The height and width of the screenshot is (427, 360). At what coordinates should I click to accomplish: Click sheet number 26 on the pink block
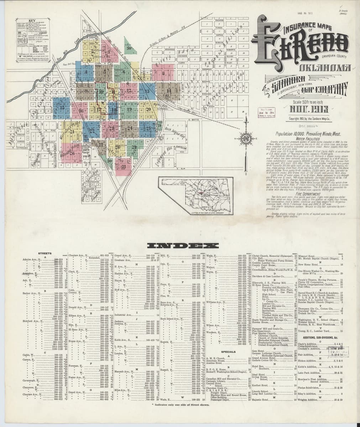(72, 154)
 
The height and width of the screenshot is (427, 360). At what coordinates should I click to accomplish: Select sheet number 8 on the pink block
(163, 74)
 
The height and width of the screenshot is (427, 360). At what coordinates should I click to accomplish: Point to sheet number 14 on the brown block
(169, 91)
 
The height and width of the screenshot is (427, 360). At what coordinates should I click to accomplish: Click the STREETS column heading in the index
(45, 253)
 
